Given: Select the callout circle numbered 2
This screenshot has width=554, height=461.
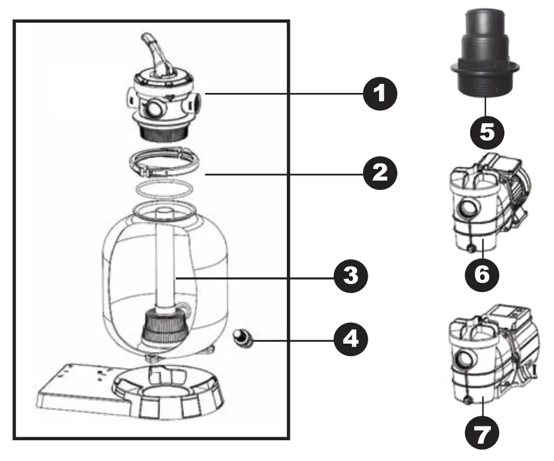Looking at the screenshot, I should (x=379, y=173).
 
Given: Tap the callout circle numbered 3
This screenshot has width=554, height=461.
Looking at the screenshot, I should (x=350, y=276).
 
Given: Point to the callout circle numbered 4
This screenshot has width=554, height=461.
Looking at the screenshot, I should (x=350, y=340).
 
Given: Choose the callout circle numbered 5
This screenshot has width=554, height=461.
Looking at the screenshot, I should (x=486, y=129).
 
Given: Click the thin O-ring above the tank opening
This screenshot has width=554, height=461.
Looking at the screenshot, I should (x=162, y=189).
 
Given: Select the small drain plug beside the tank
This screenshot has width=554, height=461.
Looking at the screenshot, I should (x=243, y=338).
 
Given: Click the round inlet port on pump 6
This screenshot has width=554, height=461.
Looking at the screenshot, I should (x=465, y=210).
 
